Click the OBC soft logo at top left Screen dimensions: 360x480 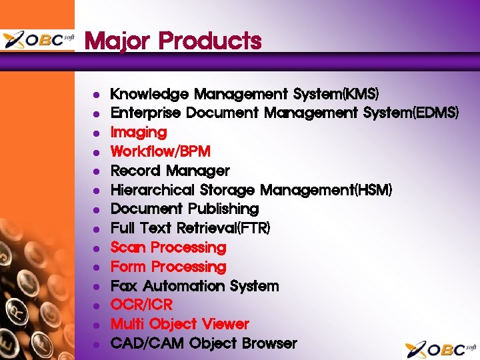pyautogui.click(x=38, y=40)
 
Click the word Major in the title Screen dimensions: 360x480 pyautogui.click(x=117, y=41)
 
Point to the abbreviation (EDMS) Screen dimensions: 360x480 pyautogui.click(x=436, y=113)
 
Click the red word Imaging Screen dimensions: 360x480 pyautogui.click(x=139, y=133)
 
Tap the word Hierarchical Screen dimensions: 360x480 pyautogui.click(x=150, y=190)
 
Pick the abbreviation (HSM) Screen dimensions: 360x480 pyautogui.click(x=374, y=190)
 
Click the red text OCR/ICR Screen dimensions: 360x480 pyautogui.click(x=141, y=305)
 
